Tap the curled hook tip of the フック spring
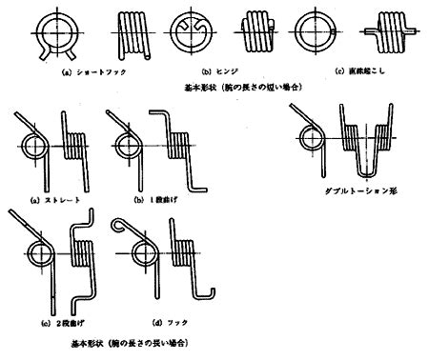(x=118, y=226)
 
